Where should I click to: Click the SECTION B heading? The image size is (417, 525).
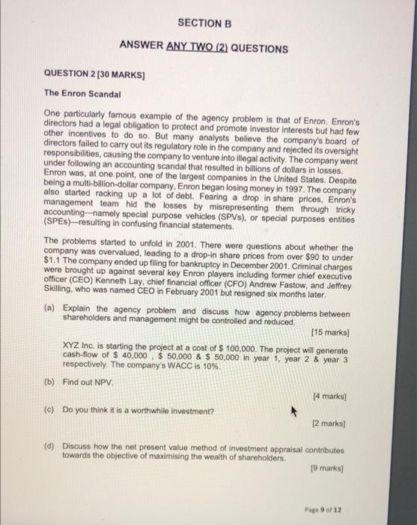[202, 24]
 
